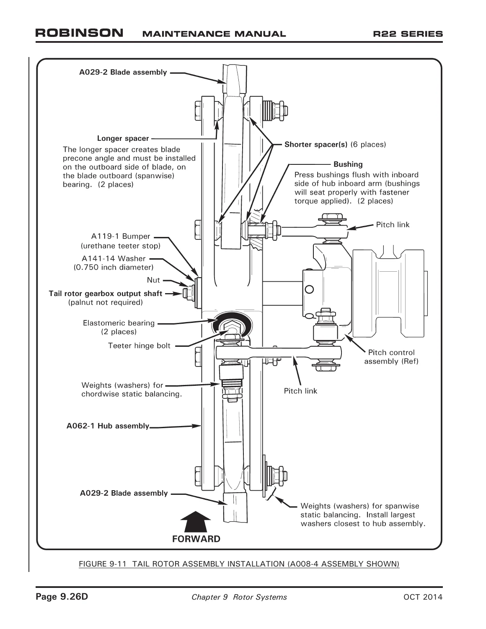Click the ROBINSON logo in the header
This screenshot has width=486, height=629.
tap(79, 33)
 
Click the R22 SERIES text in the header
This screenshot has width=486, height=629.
tap(408, 34)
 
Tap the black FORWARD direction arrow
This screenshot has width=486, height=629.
tap(196, 521)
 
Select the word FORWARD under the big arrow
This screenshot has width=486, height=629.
tap(196, 539)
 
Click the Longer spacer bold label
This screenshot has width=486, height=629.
tap(123, 138)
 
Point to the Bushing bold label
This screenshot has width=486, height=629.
tap(348, 164)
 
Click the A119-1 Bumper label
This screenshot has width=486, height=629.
tap(121, 236)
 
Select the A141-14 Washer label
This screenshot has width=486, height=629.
tap(114, 258)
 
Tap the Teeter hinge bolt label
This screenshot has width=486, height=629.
tap(139, 346)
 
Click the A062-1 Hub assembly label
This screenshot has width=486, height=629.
tap(108, 426)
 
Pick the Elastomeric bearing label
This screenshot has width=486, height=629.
tap(119, 323)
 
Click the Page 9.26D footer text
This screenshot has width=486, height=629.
tap(62, 597)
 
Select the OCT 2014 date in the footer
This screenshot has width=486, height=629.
tap(423, 597)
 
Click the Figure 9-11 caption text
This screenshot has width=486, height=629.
tap(239, 564)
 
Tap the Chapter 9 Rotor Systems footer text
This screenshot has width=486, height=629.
tap(239, 597)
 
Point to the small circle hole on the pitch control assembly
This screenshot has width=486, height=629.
tap(309, 289)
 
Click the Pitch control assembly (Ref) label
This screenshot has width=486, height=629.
tap(391, 356)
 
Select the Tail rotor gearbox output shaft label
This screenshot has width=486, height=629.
tap(105, 294)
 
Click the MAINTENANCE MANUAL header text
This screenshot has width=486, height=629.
tap(214, 34)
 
